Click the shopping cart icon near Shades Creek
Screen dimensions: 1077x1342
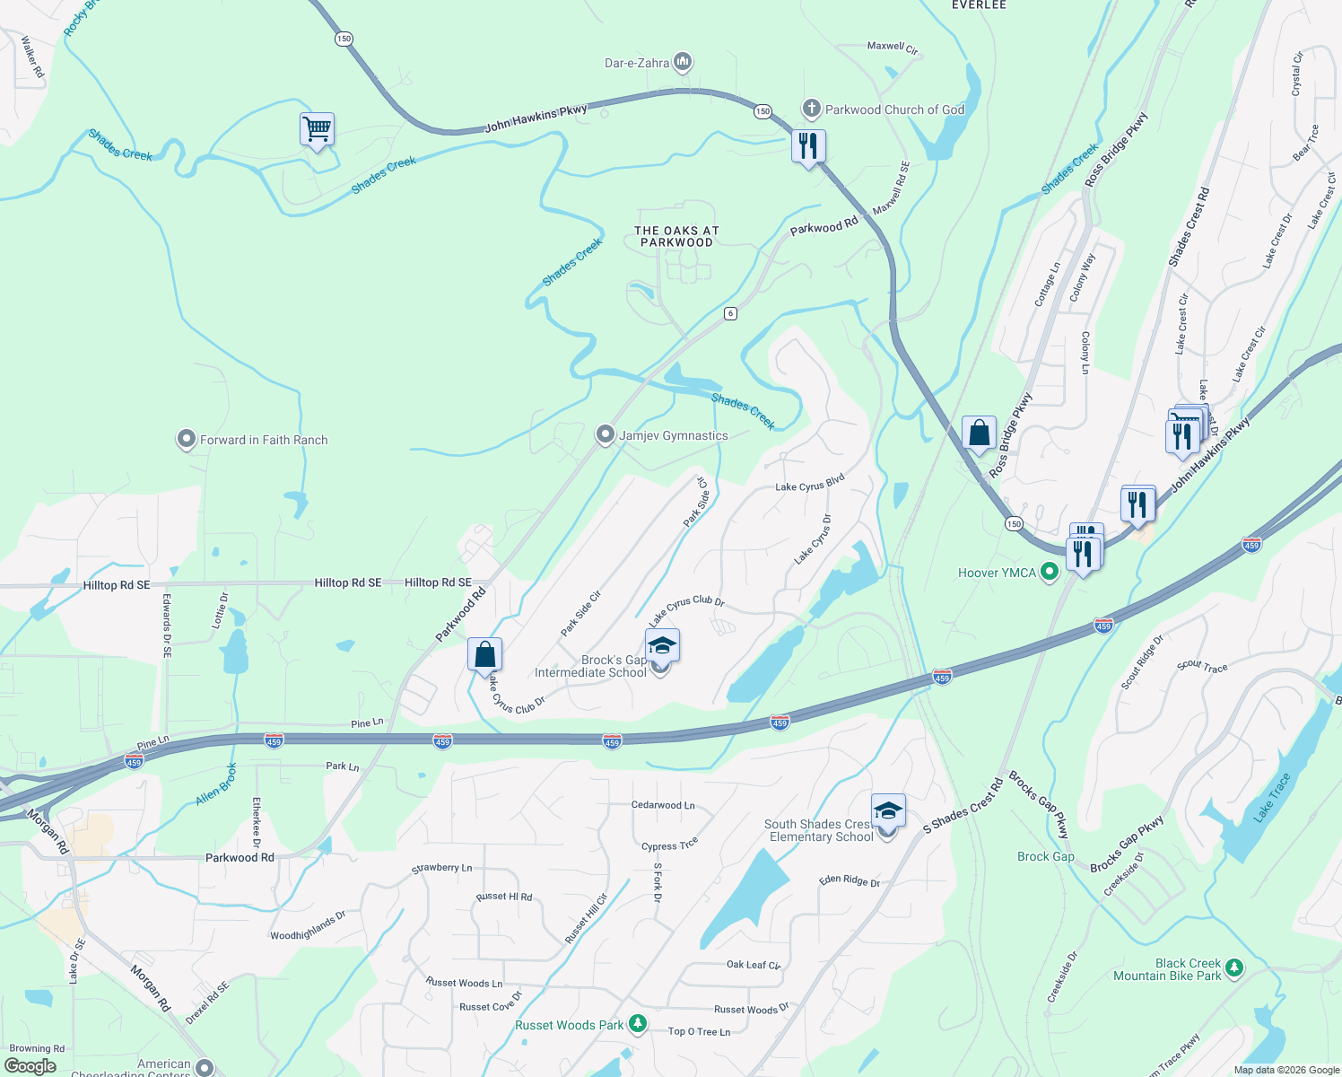(317, 129)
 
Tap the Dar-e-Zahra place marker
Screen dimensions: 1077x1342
(684, 62)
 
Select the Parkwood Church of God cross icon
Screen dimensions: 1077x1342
(811, 109)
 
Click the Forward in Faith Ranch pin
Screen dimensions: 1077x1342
(186, 440)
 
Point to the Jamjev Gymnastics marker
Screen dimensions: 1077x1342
(606, 435)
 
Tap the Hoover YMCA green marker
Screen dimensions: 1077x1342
(1049, 573)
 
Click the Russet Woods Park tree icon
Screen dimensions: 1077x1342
(637, 1024)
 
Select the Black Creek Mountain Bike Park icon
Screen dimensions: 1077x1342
(1234, 969)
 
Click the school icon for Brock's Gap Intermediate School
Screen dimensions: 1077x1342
(662, 646)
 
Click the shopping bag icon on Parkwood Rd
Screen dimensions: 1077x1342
(484, 654)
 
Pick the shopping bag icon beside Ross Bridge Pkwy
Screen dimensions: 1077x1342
(979, 433)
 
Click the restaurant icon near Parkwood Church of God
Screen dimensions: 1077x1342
(808, 145)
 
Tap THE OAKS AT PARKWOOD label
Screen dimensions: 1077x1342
(676, 236)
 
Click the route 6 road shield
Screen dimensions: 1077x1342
(731, 313)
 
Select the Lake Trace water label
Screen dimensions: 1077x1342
(1272, 798)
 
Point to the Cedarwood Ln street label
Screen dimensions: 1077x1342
(662, 805)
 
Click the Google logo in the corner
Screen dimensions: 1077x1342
(30, 1066)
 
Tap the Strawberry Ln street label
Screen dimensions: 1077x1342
(441, 868)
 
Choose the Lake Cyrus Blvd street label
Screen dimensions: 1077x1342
(809, 484)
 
